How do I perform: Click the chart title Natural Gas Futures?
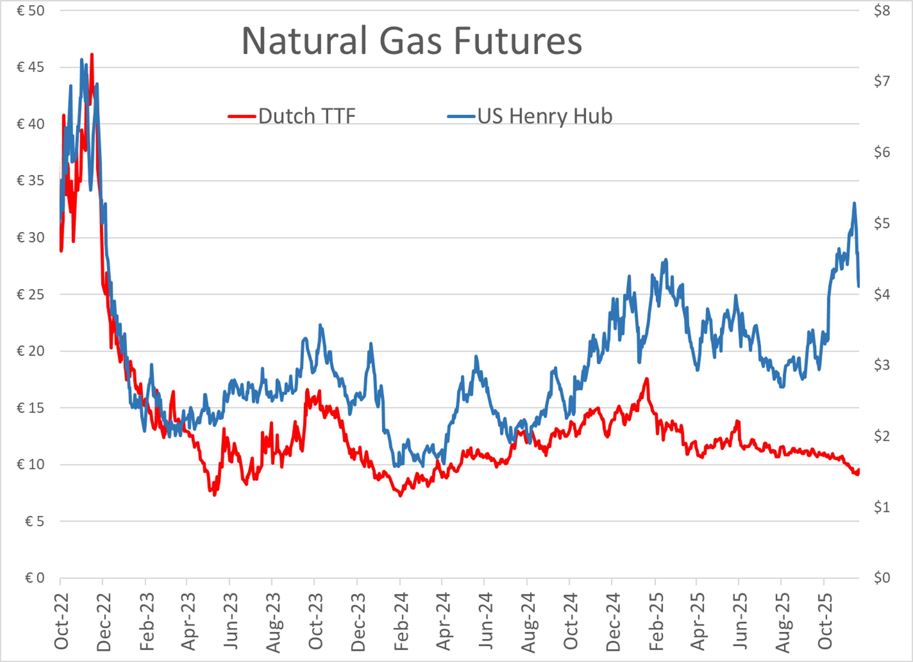(x=411, y=41)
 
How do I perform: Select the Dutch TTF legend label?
(x=307, y=116)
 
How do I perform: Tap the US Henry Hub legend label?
(x=545, y=116)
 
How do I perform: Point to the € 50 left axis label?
(x=30, y=11)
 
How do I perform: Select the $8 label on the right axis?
(x=882, y=11)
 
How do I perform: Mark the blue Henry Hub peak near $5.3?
(x=854, y=203)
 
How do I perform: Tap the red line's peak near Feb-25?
(x=646, y=379)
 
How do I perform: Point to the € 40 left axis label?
(x=30, y=124)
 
